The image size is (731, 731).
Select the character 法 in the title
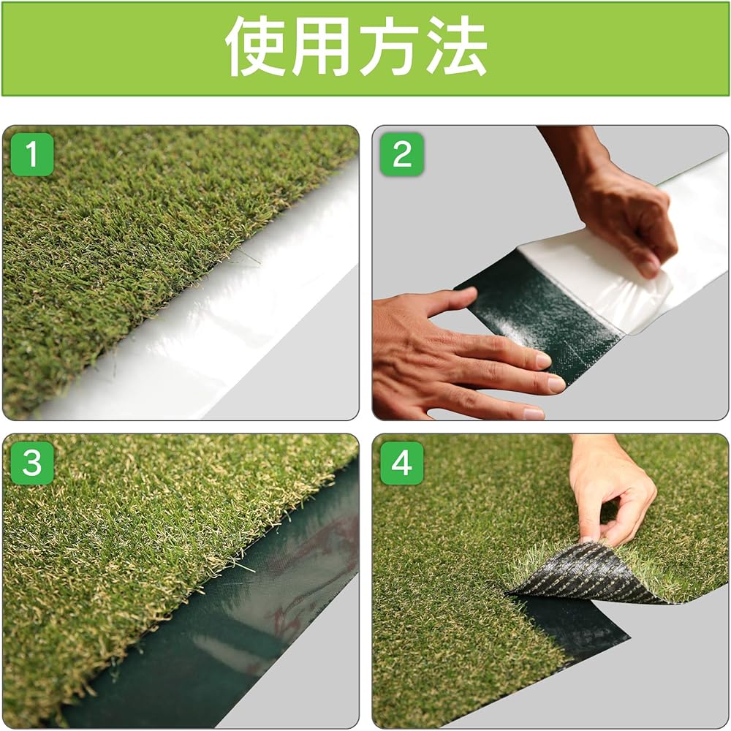click(455, 48)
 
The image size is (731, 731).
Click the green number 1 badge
click(32, 154)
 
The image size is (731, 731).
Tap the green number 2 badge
click(402, 154)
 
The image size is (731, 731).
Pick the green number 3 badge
click(32, 463)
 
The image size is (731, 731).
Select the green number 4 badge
click(402, 463)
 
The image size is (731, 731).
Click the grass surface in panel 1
click(132, 256)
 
